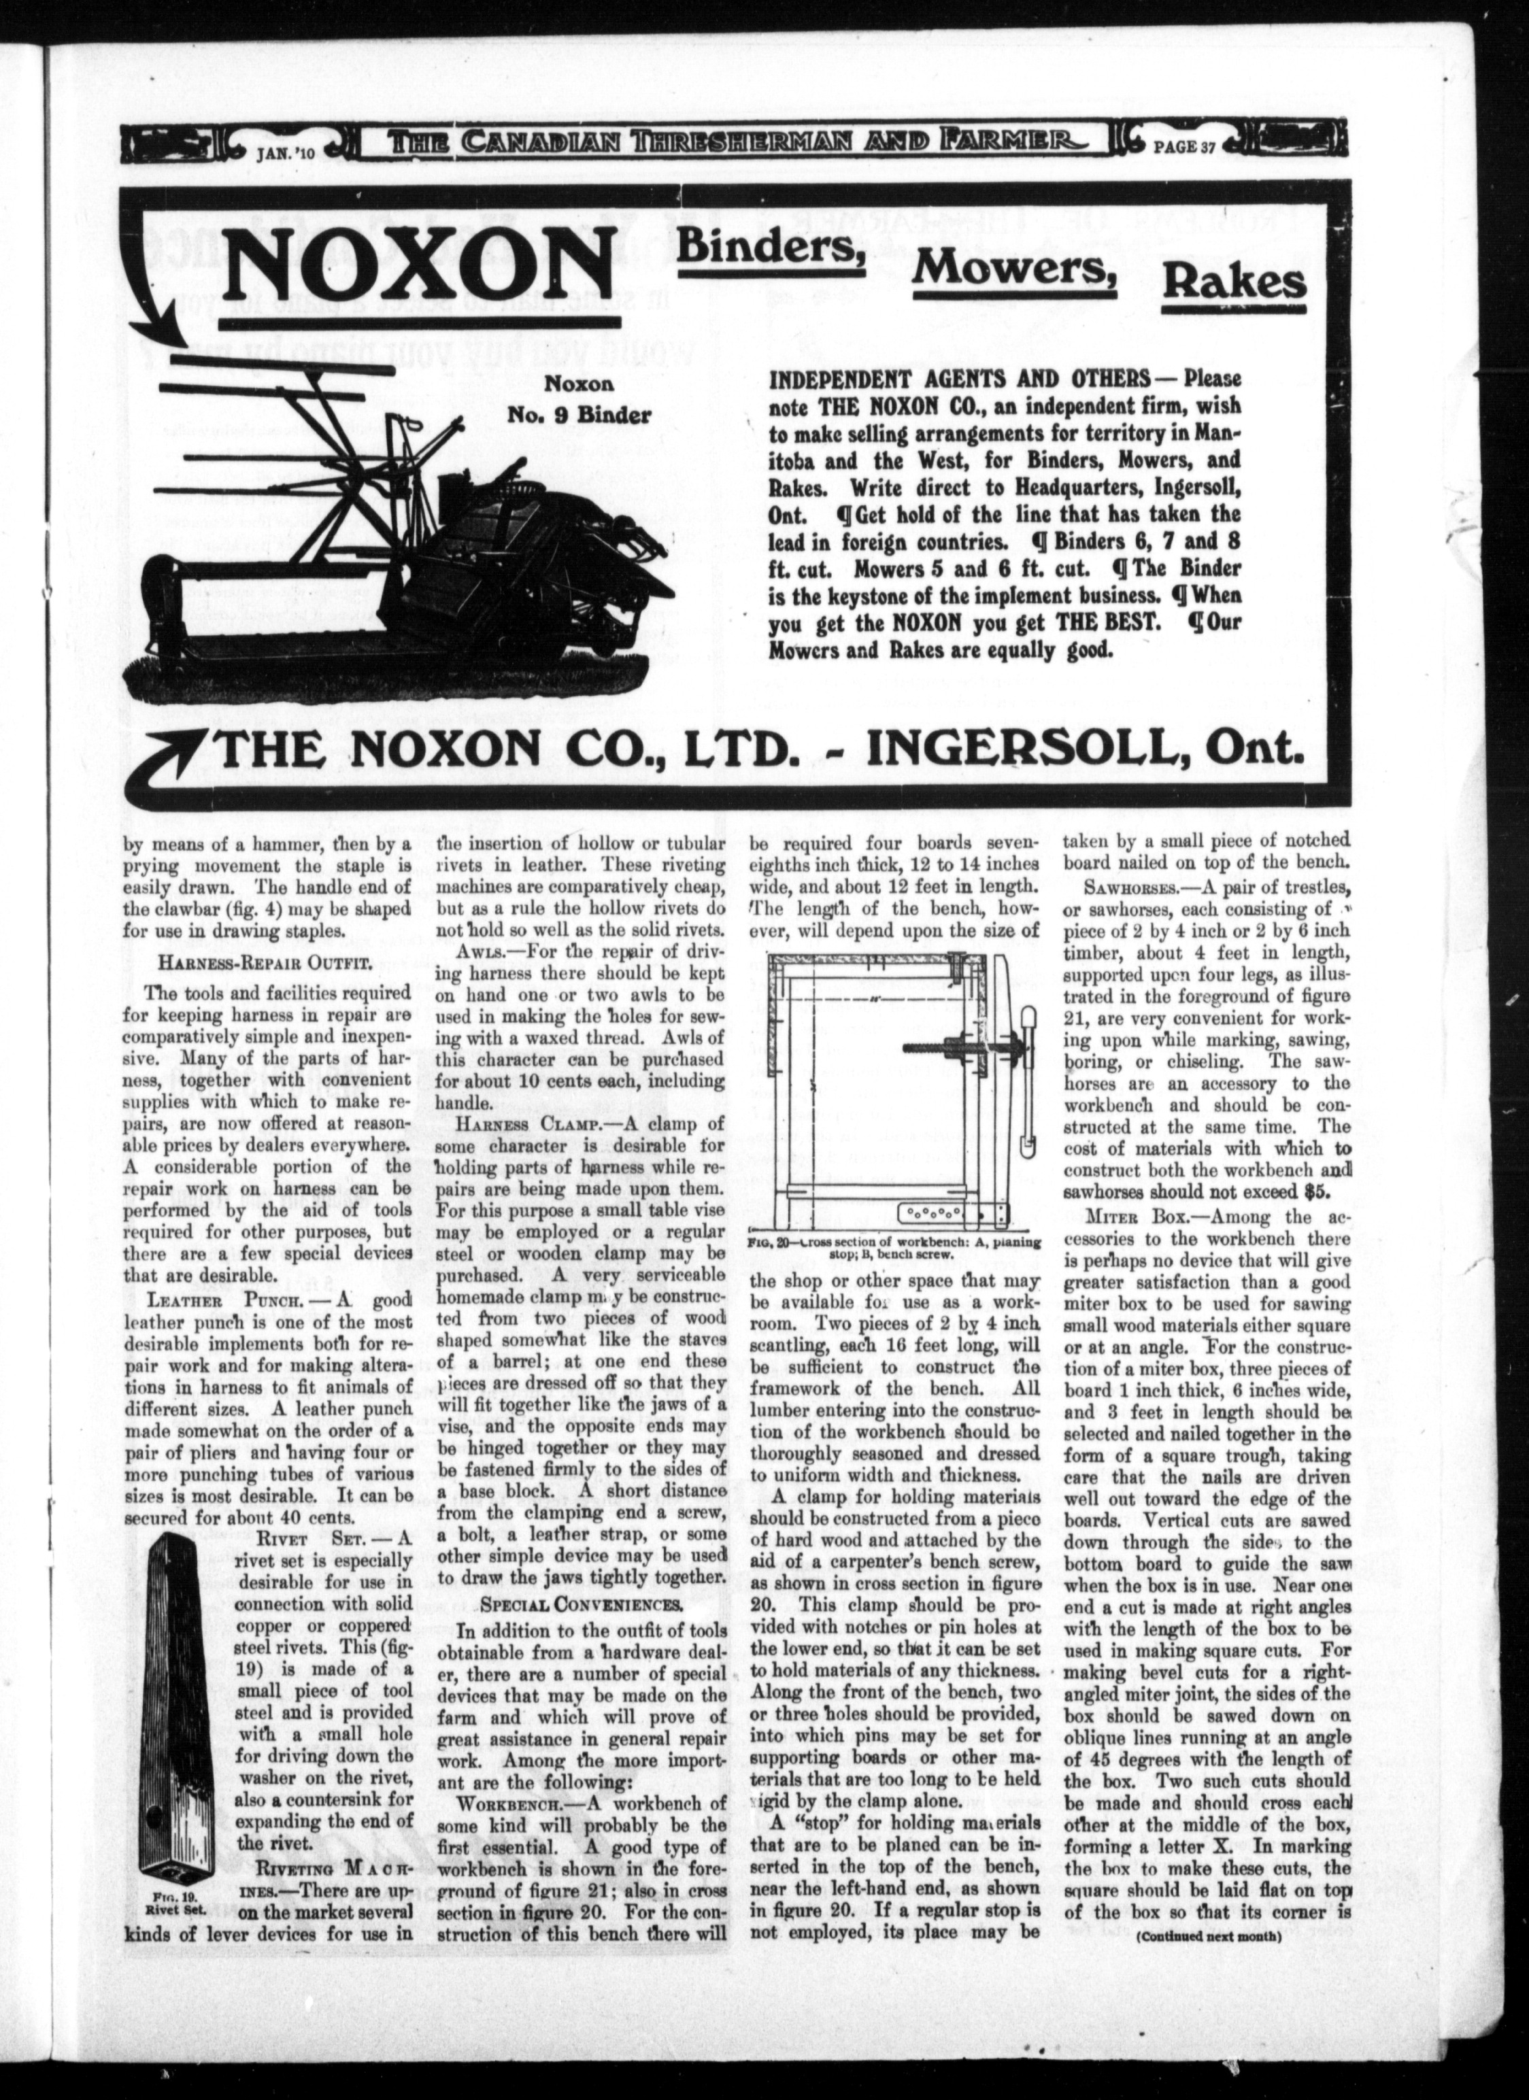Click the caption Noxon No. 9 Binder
pyautogui.click(x=579, y=399)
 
